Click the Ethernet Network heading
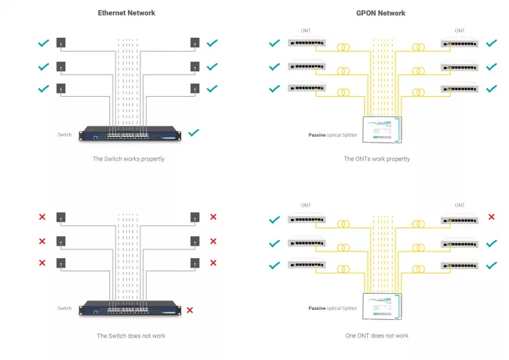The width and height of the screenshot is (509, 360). (127, 13)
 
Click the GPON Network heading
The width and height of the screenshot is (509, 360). (381, 13)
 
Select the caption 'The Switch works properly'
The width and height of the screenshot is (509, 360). (129, 159)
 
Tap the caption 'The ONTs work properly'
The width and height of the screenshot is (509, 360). (377, 159)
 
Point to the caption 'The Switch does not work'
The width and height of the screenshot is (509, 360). (129, 336)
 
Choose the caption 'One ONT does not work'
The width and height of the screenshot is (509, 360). (377, 336)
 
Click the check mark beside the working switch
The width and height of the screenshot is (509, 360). (193, 133)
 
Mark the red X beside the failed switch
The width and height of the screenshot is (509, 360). (190, 311)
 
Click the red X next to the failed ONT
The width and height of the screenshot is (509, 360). (492, 217)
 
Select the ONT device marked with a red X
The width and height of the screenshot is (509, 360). (460, 220)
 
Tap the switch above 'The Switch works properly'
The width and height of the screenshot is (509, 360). (130, 134)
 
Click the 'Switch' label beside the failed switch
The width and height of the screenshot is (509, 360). (65, 309)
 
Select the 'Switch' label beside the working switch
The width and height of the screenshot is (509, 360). (65, 135)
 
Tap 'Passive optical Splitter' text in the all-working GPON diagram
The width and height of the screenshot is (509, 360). (332, 136)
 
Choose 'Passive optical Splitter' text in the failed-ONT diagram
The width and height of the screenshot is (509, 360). (332, 309)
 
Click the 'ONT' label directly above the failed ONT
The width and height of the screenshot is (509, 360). (460, 206)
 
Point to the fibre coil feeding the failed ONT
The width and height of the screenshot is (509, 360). (418, 225)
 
